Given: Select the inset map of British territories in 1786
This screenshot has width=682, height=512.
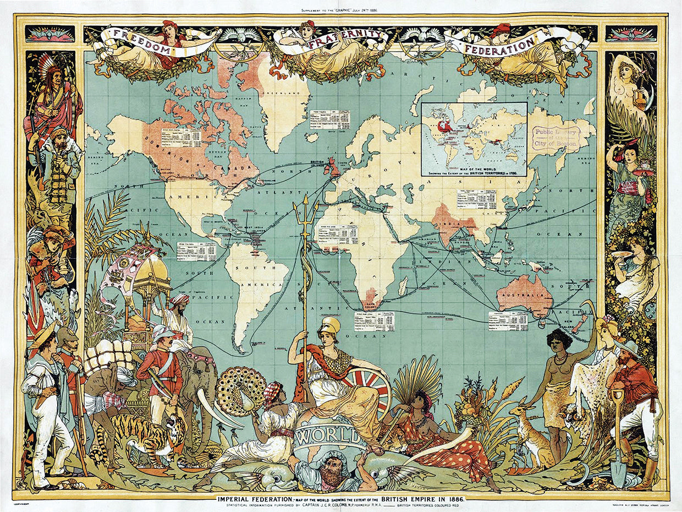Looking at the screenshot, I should pos(474,138).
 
